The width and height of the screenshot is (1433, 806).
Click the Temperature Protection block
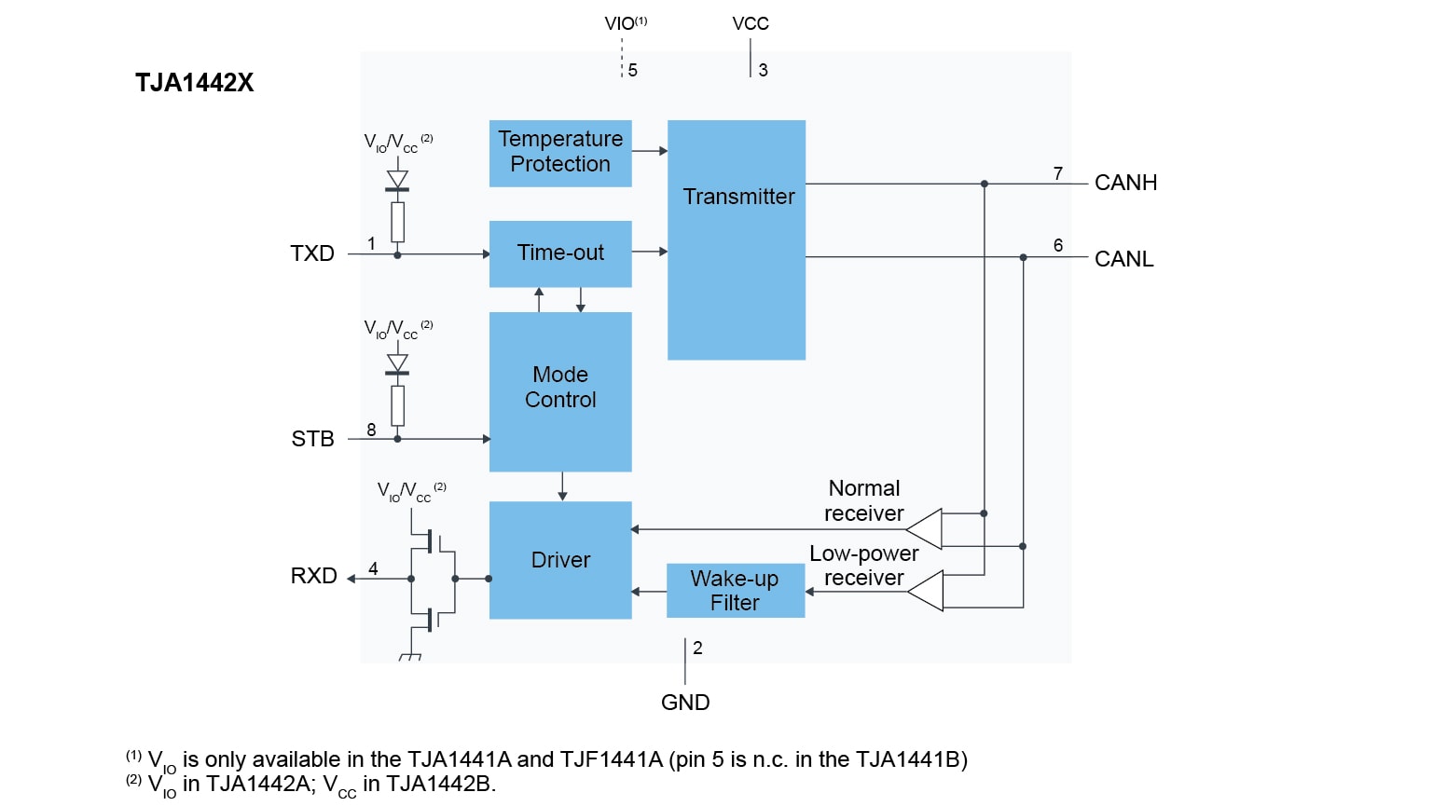click(x=560, y=153)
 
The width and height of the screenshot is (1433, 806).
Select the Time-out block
click(x=560, y=253)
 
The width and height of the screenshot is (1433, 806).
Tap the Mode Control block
click(x=560, y=390)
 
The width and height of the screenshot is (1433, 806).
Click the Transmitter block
click(x=737, y=239)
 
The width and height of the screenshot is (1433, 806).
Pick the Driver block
click(x=560, y=560)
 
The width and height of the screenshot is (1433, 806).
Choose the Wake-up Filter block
click(x=735, y=591)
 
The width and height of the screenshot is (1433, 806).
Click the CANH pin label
click(x=1125, y=183)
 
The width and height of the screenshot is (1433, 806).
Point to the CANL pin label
click(x=1123, y=259)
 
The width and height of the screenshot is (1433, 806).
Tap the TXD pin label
click(x=312, y=253)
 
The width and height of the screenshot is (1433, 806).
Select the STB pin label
click(x=312, y=439)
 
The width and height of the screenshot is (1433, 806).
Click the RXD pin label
click(x=314, y=576)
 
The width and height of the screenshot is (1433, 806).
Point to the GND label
click(x=685, y=703)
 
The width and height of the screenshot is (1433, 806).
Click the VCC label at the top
click(x=751, y=23)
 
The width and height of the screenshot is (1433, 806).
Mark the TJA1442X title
click(x=194, y=83)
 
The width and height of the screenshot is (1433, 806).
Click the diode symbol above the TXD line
click(x=398, y=180)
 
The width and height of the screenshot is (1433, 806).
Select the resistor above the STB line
click(x=398, y=405)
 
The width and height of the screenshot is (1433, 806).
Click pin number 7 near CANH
click(x=1058, y=173)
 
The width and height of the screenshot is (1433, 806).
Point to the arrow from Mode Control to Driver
click(x=562, y=486)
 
